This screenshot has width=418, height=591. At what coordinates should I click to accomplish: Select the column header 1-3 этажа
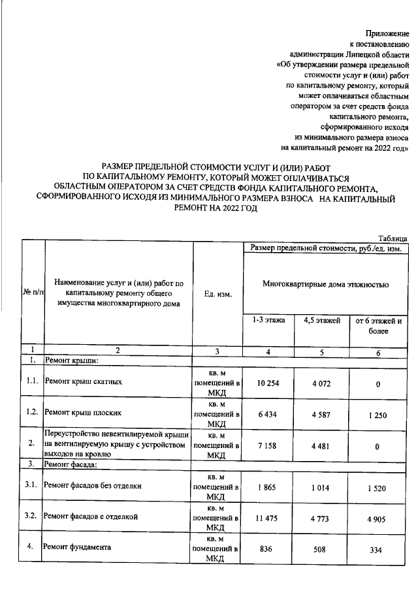click(268, 320)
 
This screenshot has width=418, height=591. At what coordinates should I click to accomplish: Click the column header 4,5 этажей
click(323, 320)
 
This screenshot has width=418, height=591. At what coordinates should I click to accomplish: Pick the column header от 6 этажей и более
click(378, 325)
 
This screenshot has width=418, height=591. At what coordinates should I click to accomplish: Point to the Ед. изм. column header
click(217, 295)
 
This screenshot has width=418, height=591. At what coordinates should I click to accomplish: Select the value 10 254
click(268, 383)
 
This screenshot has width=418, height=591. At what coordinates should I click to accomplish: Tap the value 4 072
click(323, 383)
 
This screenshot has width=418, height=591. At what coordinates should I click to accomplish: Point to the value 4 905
click(378, 518)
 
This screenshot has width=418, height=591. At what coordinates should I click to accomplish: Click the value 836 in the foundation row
click(268, 549)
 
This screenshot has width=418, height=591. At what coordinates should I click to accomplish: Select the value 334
click(378, 550)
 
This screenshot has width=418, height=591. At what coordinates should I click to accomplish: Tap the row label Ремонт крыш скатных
click(82, 381)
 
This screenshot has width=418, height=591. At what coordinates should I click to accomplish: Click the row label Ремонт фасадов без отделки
click(91, 485)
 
